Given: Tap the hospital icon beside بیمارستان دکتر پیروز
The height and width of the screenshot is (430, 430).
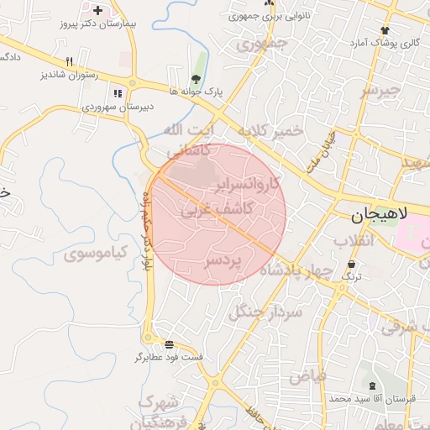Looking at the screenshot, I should pos(98,11).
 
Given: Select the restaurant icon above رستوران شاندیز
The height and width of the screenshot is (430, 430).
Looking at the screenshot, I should pos(70,60).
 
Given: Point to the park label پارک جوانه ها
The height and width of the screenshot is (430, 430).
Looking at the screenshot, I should pos(197,91).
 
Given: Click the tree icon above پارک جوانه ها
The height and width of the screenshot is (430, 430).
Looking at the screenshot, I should pos(197,78).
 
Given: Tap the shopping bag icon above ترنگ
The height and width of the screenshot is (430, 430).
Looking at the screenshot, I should pos(351,263).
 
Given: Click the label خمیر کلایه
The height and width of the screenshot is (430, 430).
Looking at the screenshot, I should pos(269,131).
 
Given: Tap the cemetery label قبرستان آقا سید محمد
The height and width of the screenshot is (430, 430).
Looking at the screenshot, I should pos(372,399).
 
